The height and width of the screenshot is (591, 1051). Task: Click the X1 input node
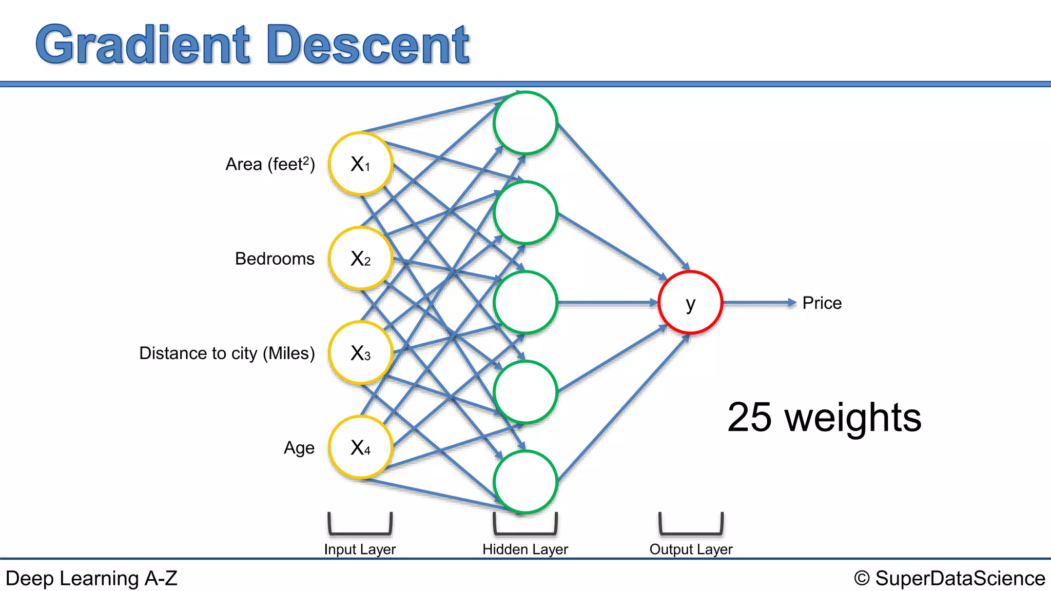[360, 164]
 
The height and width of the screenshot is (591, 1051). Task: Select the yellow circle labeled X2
[360, 259]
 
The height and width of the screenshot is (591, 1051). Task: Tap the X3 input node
[360, 353]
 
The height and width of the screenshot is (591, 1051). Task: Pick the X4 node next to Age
[360, 447]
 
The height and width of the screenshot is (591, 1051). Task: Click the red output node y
[690, 303]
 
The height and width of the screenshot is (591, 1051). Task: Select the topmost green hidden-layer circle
[525, 123]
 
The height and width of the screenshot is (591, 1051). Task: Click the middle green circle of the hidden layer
[525, 303]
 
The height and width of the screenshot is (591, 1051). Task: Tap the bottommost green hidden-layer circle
[525, 482]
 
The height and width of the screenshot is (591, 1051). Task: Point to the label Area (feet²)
[270, 164]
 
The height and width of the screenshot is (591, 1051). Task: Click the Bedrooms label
[275, 259]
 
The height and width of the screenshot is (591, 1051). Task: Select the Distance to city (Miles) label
[227, 353]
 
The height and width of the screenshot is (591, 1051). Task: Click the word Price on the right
[822, 303]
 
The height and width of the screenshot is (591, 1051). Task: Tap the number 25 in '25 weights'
[749, 417]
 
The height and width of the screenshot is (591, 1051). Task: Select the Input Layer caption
[360, 549]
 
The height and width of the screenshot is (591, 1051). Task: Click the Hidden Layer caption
[525, 549]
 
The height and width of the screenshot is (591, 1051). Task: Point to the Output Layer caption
[691, 549]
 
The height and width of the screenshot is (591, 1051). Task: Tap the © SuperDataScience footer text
[949, 578]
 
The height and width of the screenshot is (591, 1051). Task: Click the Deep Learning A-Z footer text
[91, 578]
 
